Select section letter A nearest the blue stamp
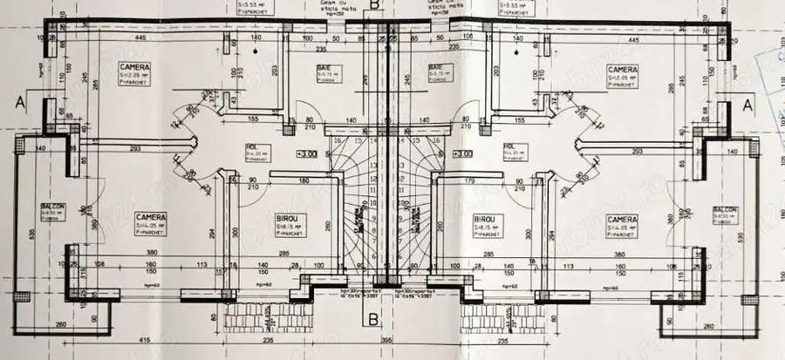(x=747, y=104)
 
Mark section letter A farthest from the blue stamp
(x=19, y=102)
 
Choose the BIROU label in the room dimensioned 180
(x=288, y=220)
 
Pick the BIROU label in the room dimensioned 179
(x=485, y=220)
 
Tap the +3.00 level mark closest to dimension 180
(x=306, y=154)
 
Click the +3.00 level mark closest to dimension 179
(x=461, y=154)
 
